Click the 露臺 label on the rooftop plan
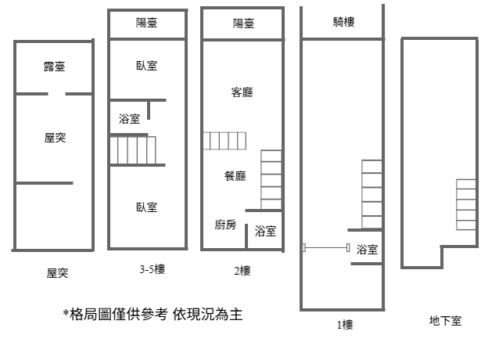(55, 67)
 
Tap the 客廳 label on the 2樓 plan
(242, 92)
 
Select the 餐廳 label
(235, 176)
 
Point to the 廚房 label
(225, 225)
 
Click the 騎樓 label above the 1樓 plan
(343, 22)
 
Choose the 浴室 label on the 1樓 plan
(367, 249)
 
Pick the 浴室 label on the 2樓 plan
(265, 231)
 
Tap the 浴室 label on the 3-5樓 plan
(130, 119)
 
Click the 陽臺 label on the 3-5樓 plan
(147, 23)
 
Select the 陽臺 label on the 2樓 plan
(243, 23)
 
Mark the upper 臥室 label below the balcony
(147, 66)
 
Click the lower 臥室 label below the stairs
(147, 207)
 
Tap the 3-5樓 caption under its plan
(152, 269)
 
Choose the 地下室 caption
(445, 321)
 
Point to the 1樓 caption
(345, 325)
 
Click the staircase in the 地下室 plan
(466, 204)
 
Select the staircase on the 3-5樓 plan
(133, 150)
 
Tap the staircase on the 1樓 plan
(372, 194)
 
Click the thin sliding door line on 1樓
(326, 247)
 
